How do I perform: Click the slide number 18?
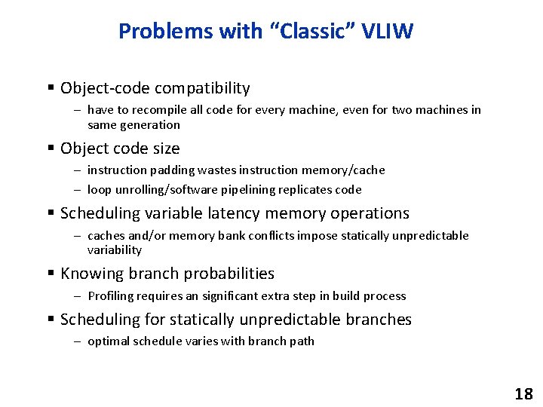tap(523, 393)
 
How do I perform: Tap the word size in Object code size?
tap(165, 148)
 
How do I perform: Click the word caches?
tap(106, 236)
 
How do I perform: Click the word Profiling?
tap(109, 296)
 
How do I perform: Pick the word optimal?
tap(109, 341)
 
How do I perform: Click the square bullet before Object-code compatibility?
tap(51, 88)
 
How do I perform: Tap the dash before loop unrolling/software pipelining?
tap(78, 190)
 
